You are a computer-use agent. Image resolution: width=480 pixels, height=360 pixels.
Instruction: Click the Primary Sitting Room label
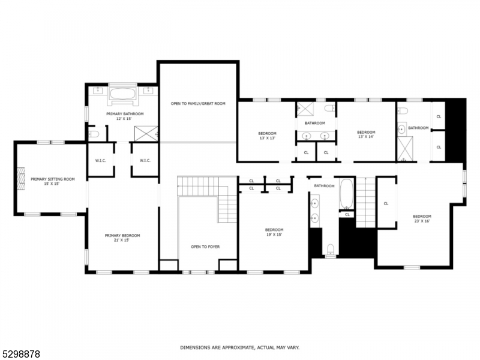coord(53,181)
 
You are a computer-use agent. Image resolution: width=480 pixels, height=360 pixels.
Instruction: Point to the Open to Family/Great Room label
coord(198,104)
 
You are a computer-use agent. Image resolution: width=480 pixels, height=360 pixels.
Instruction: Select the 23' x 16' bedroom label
coord(422,218)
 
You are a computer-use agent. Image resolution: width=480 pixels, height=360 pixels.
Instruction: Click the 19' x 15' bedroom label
coord(274,232)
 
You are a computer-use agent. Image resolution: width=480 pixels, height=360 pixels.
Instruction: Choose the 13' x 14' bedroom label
coord(366,134)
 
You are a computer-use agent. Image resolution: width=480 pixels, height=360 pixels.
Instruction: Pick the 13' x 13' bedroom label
coord(268,135)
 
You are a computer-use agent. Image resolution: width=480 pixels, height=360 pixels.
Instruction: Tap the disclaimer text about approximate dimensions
coord(240,347)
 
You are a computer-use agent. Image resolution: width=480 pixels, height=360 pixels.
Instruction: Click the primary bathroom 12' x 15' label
coord(125,116)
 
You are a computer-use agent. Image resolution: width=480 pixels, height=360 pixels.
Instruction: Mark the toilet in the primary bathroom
coord(93,133)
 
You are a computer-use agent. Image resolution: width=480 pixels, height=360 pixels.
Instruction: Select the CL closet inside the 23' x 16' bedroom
coord(386,203)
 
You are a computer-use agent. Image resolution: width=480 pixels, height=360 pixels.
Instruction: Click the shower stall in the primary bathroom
coord(146,133)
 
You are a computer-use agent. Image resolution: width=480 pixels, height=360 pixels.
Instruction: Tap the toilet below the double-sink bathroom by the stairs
coord(331,249)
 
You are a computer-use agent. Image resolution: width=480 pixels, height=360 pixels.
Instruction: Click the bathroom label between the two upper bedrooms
coord(314,123)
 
